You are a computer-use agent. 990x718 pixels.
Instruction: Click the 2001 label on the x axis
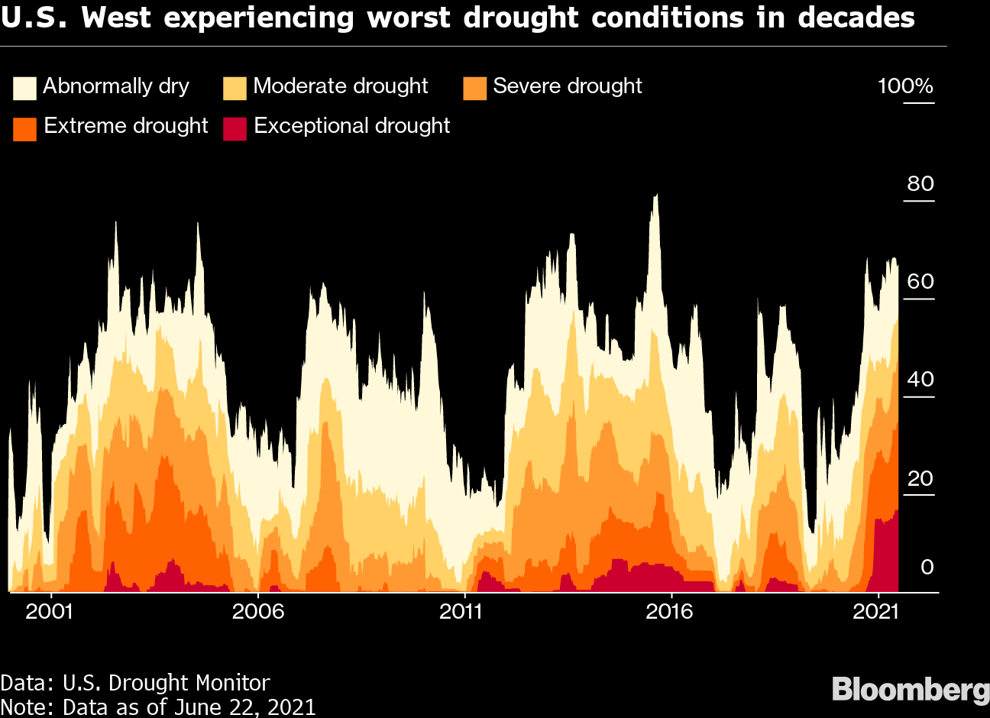[50, 611]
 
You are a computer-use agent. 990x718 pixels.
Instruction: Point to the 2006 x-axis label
[258, 611]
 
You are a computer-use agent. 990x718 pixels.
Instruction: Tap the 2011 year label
[461, 611]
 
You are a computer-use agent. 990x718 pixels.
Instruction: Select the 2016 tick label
[669, 611]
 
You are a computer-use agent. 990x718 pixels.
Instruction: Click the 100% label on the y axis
[905, 86]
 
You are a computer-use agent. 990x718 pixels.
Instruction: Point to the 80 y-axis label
[920, 184]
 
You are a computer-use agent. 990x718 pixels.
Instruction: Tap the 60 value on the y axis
[920, 282]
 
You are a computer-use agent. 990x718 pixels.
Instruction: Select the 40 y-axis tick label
[920, 380]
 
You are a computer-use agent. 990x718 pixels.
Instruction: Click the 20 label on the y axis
[920, 479]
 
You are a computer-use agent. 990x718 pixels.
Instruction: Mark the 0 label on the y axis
[927, 568]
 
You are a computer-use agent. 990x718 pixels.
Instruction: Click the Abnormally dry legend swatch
[24, 89]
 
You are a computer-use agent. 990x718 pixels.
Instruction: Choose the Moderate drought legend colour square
[235, 89]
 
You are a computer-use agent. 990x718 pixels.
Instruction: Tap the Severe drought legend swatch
[474, 89]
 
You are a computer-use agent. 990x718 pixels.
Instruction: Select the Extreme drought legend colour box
[24, 128]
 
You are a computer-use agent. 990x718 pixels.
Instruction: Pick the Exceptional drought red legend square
[235, 128]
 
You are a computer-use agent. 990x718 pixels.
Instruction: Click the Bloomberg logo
[910, 689]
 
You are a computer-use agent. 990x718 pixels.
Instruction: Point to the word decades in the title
[856, 17]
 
